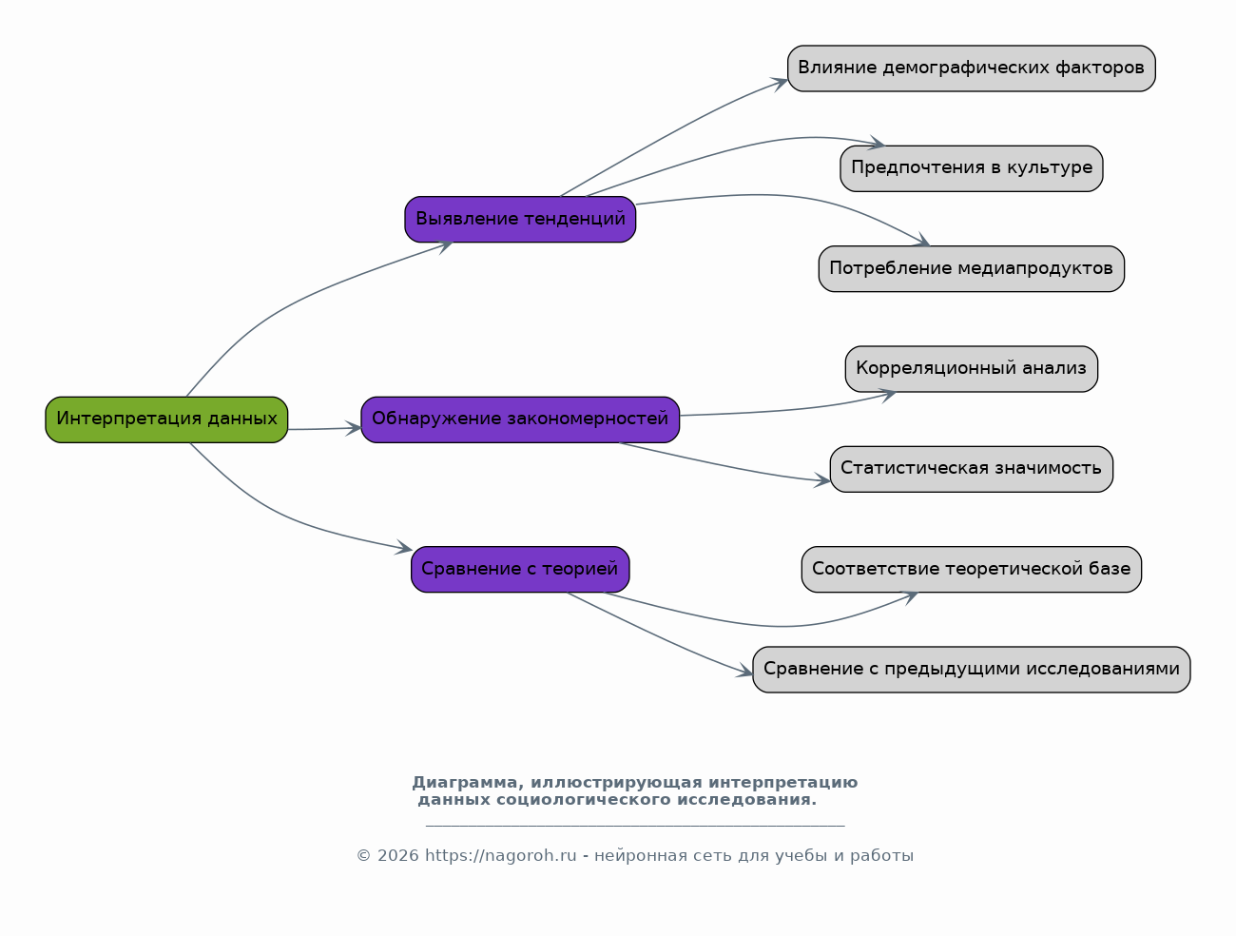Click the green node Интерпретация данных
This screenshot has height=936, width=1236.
click(166, 419)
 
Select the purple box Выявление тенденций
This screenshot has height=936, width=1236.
click(520, 219)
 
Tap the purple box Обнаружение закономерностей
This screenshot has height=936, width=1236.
click(520, 419)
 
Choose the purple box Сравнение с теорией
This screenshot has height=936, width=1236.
click(520, 570)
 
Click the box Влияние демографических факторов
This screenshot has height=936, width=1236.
click(972, 68)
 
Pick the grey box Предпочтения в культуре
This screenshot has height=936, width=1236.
click(972, 169)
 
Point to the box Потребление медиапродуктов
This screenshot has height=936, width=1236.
click(972, 268)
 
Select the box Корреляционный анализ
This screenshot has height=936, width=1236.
click(972, 369)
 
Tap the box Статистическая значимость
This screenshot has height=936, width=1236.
click(972, 469)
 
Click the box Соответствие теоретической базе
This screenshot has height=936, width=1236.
click(972, 570)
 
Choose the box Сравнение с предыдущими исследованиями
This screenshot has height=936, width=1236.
click(972, 670)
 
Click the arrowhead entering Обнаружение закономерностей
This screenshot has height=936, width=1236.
click(353, 429)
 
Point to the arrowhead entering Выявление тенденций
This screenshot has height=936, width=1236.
click(445, 246)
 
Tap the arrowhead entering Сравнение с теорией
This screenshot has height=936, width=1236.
click(404, 547)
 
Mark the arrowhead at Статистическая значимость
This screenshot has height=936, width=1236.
click(822, 480)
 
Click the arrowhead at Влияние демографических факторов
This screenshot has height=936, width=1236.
click(780, 85)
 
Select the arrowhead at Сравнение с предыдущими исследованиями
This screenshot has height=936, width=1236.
click(744, 671)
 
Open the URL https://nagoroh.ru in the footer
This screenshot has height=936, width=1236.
click(501, 856)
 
